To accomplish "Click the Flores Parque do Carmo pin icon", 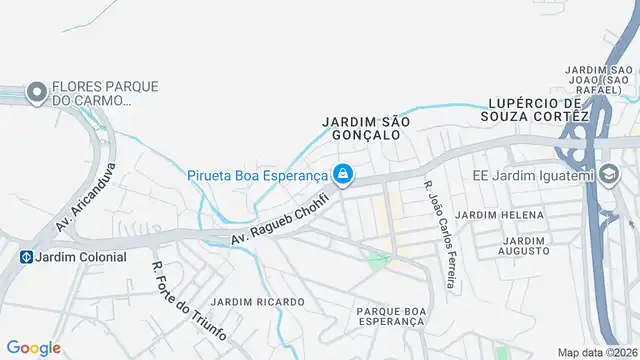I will [x=37, y=93].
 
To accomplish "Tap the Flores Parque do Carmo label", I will [x=104, y=93].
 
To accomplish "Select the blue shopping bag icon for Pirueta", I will [x=343, y=175].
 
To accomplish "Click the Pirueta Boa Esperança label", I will [x=257, y=175].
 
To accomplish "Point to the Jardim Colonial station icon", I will [x=24, y=256].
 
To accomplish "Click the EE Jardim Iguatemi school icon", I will [x=608, y=176].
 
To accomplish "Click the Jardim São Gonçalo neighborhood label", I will [x=366, y=127].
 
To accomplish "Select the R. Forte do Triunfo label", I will [x=188, y=301].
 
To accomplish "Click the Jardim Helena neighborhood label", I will [x=499, y=215].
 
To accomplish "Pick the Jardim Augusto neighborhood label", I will [x=526, y=245].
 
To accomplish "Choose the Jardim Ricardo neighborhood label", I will [x=257, y=301].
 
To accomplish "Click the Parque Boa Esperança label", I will [x=391, y=317].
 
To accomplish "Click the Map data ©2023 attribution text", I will [x=596, y=352].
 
